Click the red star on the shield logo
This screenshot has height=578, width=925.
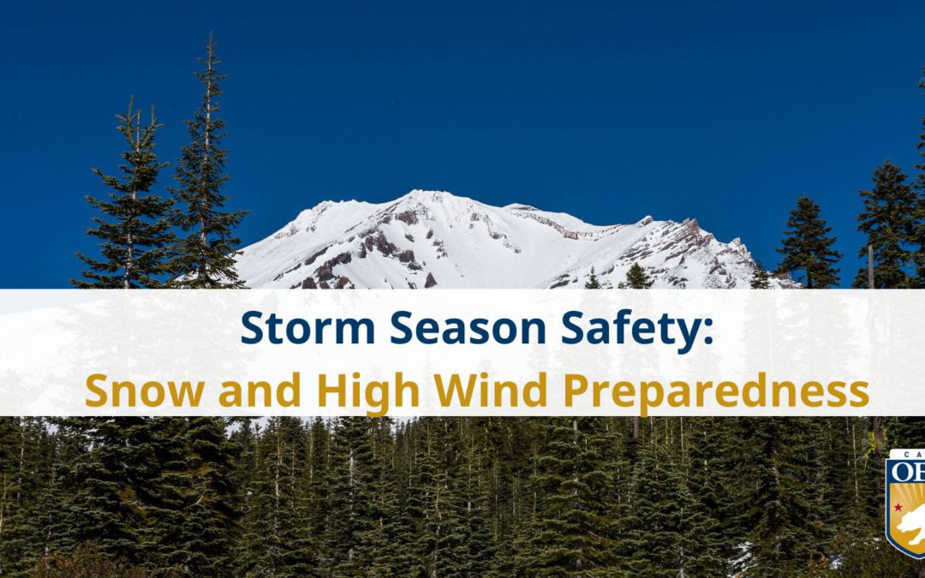pyautogui.click(x=898, y=508)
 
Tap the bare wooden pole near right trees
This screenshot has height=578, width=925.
pyautogui.click(x=871, y=265)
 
